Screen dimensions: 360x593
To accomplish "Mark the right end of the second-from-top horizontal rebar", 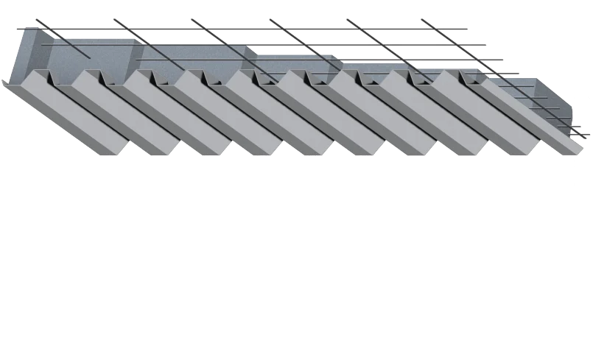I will tap(488, 45).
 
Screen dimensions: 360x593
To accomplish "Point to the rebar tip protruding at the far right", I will tap(587, 133).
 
